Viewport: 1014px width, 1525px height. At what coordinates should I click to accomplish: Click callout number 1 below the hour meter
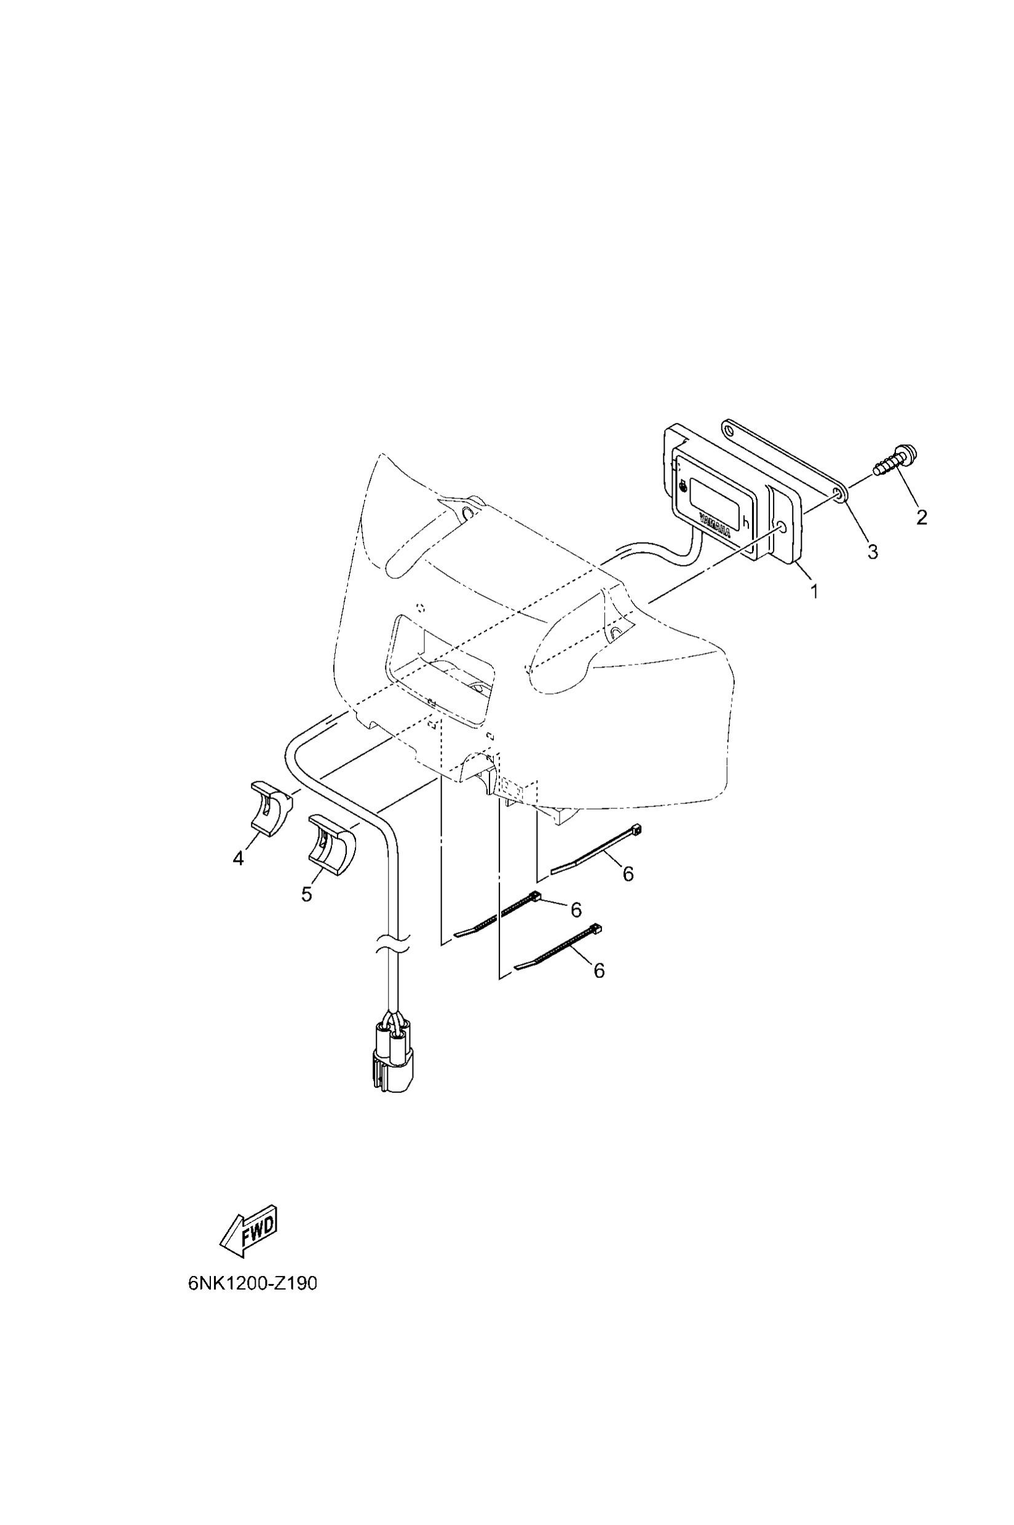814,591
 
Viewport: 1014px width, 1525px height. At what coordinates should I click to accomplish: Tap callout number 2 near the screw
922,516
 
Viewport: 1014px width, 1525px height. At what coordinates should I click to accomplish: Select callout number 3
873,551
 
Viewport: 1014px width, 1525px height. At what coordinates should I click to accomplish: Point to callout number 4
239,859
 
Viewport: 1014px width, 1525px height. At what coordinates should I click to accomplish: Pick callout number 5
306,894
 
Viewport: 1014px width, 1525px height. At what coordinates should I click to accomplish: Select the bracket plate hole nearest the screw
839,495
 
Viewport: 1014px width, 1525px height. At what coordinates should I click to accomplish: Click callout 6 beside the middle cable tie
576,910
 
